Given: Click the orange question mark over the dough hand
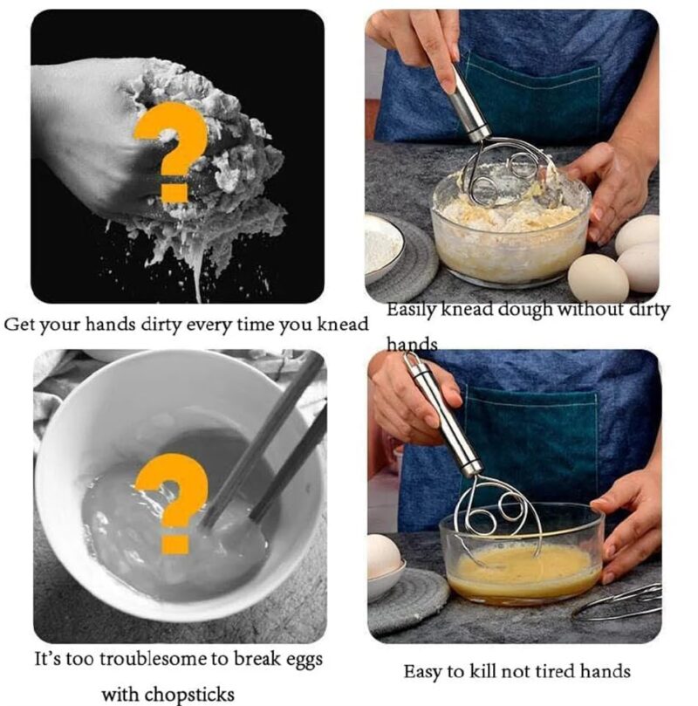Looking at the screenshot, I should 171,148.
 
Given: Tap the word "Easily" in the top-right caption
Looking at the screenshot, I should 412,311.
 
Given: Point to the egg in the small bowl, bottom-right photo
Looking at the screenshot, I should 384,555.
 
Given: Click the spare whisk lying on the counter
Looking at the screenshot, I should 619,603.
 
